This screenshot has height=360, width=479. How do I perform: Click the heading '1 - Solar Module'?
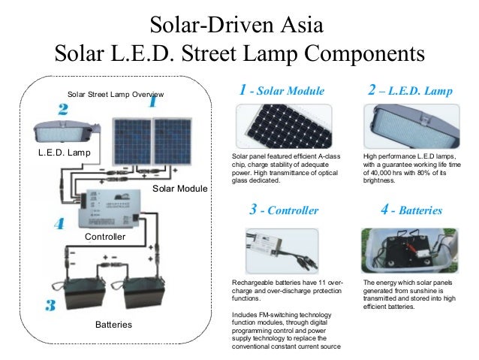tap(282, 91)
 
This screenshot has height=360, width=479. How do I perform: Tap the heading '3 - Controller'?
tap(283, 210)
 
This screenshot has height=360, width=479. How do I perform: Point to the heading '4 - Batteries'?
tap(411, 210)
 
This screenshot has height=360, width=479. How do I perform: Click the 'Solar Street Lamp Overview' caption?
tap(116, 95)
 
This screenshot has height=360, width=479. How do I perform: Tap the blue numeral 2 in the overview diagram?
tap(63, 110)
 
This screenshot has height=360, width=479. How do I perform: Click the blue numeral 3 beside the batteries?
tap(50, 305)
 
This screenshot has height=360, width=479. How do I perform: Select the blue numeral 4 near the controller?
tap(59, 224)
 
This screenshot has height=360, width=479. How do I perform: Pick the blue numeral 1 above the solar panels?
tap(152, 101)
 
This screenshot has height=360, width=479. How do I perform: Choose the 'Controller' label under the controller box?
tap(104, 237)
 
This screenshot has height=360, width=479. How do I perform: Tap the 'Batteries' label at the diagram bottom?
tap(113, 325)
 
